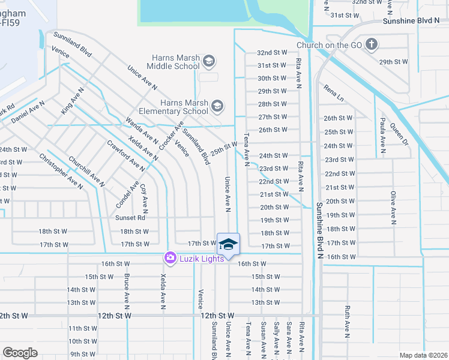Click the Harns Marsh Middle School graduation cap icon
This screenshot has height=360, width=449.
209,61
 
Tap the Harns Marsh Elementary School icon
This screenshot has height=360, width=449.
217,107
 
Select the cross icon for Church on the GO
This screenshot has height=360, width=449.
372,44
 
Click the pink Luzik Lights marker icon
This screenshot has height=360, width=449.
170,258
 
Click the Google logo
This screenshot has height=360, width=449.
20,353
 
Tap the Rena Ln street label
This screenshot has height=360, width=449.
334,93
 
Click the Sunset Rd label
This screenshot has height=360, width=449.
131,218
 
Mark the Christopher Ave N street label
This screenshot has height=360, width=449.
61,171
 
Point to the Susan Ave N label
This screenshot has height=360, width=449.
263,339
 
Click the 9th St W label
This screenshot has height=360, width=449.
83,354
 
